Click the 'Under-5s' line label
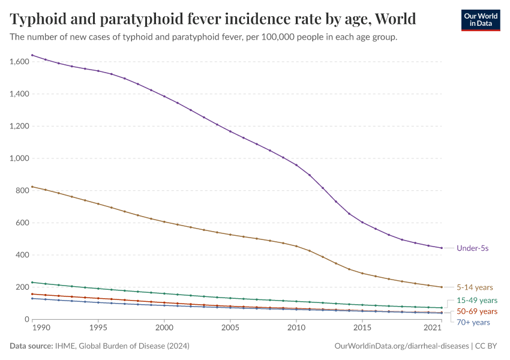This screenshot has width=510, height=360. pyautogui.click(x=472, y=248)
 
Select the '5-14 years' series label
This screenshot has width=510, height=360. pyautogui.click(x=475, y=287)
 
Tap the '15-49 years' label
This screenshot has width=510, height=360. pyautogui.click(x=477, y=300)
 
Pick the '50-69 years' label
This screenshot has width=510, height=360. pyautogui.click(x=477, y=311)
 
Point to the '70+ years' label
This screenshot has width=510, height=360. pyautogui.click(x=473, y=322)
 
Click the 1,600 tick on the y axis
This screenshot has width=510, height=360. pyautogui.click(x=20, y=62)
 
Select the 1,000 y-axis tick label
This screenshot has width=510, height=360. pyautogui.click(x=20, y=158)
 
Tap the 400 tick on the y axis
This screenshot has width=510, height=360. pyautogui.click(x=23, y=255)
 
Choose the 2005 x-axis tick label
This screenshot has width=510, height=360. pyautogui.click(x=230, y=328)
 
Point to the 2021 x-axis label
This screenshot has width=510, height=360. pyautogui.click(x=433, y=328)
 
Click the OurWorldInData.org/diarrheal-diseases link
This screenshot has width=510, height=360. pyautogui.click(x=401, y=346)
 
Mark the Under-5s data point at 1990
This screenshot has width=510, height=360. pyautogui.click(x=32, y=55)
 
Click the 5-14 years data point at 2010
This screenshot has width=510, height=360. pyautogui.click(x=296, y=246)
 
